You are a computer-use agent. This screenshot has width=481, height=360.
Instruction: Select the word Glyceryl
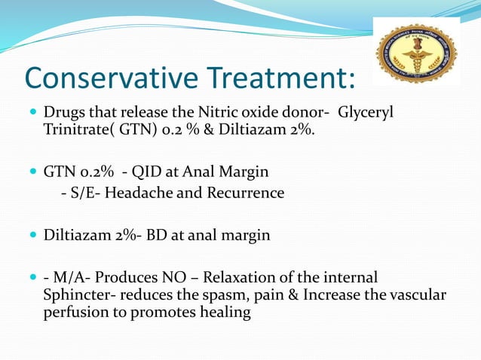click(366, 113)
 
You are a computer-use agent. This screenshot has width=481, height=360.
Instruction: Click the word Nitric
click(204, 113)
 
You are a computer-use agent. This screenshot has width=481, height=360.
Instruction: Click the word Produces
click(124, 277)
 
